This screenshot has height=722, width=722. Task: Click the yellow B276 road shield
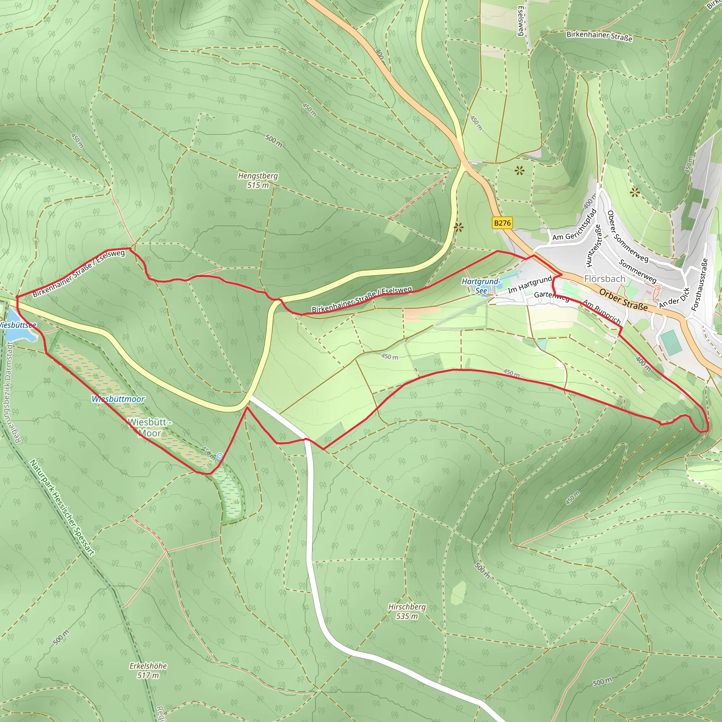[502, 223]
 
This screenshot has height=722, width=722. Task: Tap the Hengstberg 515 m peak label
[258, 180]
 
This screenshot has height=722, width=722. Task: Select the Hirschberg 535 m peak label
[406, 611]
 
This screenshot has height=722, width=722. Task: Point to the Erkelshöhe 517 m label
[148, 670]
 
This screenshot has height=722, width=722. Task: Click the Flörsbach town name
[604, 279]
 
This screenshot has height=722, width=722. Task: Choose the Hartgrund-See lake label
[481, 286]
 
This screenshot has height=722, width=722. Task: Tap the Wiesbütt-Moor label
[149, 427]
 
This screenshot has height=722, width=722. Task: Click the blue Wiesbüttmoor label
[118, 399]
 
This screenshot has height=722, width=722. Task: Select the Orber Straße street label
[623, 299]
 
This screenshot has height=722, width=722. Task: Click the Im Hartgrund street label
[530, 284]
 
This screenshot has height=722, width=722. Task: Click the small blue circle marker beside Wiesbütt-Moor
[220, 455]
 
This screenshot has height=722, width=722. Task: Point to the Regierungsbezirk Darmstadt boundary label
[13, 393]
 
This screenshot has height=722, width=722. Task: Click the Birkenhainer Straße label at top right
[599, 36]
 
